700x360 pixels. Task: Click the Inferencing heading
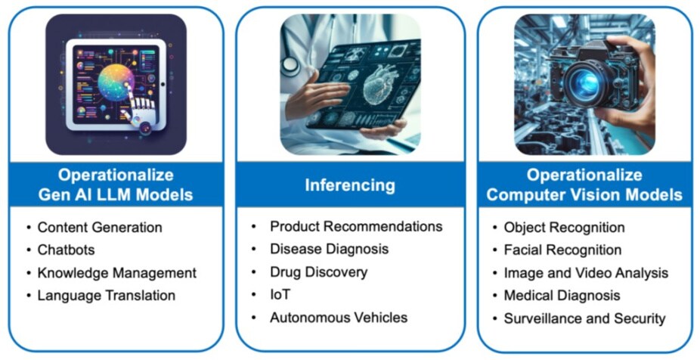click(x=350, y=185)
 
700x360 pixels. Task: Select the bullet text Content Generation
click(x=100, y=228)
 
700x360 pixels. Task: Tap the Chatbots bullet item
click(x=66, y=250)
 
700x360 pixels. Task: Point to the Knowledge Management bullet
click(x=117, y=273)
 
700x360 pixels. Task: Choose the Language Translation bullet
click(x=107, y=295)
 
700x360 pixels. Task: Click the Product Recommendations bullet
click(x=356, y=226)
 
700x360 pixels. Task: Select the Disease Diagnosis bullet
click(x=330, y=249)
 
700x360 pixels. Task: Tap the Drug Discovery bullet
click(x=319, y=272)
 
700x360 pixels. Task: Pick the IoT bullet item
click(x=280, y=295)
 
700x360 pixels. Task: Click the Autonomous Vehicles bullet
click(x=339, y=318)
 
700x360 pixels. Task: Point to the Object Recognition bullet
click(x=564, y=228)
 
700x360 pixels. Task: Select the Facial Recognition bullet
click(x=562, y=250)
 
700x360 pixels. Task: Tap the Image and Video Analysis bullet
click(x=586, y=273)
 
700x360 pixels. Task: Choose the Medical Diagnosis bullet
click(x=562, y=295)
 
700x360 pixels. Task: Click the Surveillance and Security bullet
click(x=585, y=318)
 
